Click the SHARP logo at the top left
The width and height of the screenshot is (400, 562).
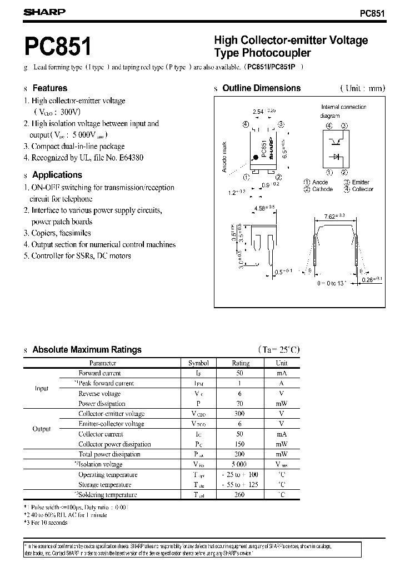44,12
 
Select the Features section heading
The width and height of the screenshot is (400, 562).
49,88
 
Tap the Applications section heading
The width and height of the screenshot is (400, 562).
57,174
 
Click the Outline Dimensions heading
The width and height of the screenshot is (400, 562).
261,88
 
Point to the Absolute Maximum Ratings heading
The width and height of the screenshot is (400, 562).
87,349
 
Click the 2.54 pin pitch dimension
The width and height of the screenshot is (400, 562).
258,112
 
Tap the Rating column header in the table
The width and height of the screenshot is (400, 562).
241,363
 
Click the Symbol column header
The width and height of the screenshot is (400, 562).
198,363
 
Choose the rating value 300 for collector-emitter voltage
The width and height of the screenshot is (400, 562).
241,414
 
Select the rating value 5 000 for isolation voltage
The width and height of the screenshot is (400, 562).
241,464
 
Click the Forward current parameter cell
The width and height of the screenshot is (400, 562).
99,373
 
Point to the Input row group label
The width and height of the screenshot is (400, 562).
42,389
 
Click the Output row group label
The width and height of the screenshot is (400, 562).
42,429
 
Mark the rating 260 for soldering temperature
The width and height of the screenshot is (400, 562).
241,495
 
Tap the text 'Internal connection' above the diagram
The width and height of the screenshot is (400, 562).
343,107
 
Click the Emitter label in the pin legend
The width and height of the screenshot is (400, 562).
361,183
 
